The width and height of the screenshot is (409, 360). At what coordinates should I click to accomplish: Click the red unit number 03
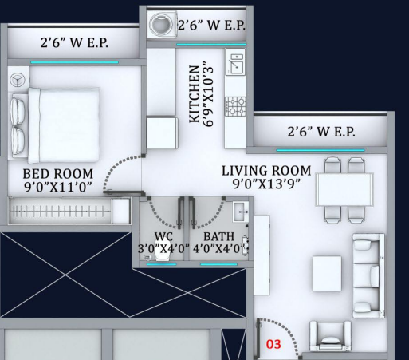click(x=273, y=344)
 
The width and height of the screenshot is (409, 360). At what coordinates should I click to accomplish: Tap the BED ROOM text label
click(x=58, y=174)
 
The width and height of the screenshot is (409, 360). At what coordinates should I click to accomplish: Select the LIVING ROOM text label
click(x=266, y=171)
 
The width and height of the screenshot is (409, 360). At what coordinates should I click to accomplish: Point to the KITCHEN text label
click(x=195, y=94)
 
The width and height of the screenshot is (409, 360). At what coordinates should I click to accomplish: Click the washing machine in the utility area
click(x=163, y=25)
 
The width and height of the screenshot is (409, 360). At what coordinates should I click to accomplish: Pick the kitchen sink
click(x=236, y=63)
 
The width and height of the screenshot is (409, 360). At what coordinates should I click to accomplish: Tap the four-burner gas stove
click(x=235, y=106)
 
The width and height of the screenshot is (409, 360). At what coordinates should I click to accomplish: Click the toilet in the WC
click(x=163, y=251)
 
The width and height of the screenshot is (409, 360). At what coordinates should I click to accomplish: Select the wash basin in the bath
click(x=241, y=212)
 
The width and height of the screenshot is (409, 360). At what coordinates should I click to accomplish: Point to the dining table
click(x=344, y=189)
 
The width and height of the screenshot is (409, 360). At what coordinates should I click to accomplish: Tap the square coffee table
click(x=327, y=274)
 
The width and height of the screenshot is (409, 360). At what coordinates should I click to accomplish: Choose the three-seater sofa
click(x=369, y=275)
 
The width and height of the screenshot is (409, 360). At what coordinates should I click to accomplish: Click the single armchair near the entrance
click(x=330, y=336)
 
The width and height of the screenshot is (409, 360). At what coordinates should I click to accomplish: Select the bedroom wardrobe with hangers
click(x=69, y=211)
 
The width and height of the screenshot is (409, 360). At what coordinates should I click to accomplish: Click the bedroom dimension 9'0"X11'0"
click(x=58, y=187)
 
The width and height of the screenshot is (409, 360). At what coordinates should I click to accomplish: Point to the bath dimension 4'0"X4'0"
click(x=219, y=248)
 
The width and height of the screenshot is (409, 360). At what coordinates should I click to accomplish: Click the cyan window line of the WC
click(x=162, y=264)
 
